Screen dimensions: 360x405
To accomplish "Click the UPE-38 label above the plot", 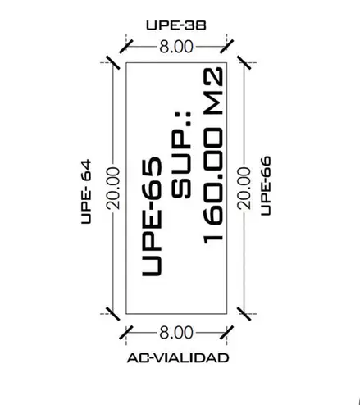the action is [176, 25].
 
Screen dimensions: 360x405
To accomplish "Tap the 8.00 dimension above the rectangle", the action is [176, 47].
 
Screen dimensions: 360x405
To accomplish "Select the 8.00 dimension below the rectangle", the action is [176, 333].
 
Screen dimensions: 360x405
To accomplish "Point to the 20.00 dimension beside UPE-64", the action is [113, 189].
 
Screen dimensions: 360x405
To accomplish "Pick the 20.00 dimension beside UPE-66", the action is [244, 189].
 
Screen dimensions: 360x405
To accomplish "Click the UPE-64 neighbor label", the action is [86, 192].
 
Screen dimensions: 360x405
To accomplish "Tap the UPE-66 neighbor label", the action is [266, 186].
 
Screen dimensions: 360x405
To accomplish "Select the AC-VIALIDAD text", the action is [178, 358].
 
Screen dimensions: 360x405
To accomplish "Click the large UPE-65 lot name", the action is [152, 216].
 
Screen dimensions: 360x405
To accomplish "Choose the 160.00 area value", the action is [214, 185].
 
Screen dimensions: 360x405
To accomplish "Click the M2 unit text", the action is [214, 91].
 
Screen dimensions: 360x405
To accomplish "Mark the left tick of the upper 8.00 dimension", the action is [126, 47].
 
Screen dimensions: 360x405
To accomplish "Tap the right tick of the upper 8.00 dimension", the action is [227, 47].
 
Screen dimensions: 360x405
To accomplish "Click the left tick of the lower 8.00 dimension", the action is [126, 333].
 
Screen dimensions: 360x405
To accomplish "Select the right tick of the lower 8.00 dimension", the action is [227, 333].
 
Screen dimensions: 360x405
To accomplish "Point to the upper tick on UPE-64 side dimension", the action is [113, 62].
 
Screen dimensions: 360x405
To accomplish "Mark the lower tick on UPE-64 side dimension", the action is [113, 314].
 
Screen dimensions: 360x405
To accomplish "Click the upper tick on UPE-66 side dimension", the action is [244, 62].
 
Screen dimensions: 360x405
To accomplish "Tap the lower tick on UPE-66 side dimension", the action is [244, 314].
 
